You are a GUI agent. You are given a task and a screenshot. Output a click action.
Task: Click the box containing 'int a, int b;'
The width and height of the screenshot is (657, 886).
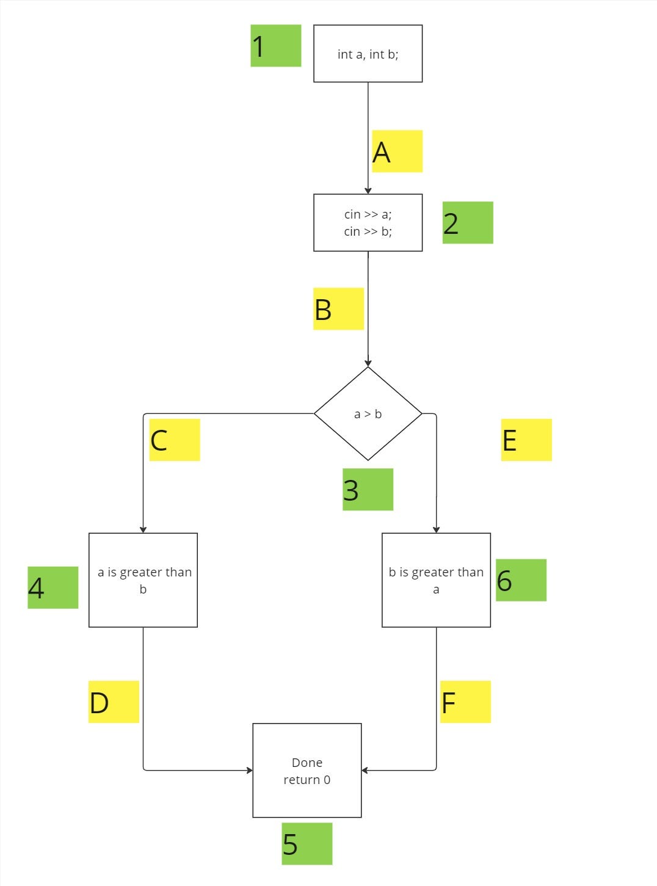[x=368, y=54]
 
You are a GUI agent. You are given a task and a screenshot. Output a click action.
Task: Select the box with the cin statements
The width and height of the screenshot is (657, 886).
[x=368, y=222]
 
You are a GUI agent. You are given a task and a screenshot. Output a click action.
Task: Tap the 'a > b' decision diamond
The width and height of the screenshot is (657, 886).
[x=368, y=413]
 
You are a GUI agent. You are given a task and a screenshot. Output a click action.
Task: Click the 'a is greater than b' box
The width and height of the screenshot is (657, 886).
[x=143, y=579]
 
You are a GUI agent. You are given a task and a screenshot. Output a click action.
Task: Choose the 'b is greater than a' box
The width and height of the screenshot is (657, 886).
[x=436, y=579]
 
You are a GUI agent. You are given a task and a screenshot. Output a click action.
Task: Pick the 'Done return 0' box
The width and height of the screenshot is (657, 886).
[x=307, y=770]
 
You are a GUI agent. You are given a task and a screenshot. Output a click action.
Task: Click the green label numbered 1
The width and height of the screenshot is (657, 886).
[x=275, y=46]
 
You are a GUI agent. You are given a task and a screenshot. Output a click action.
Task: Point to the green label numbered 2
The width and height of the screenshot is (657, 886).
[x=468, y=223]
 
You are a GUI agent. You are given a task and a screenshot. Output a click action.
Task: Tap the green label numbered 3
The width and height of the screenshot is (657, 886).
[x=368, y=489]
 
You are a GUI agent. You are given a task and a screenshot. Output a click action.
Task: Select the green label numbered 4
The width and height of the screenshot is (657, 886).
[x=53, y=587]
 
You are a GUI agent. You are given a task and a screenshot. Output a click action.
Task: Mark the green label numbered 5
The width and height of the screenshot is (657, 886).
[x=307, y=843]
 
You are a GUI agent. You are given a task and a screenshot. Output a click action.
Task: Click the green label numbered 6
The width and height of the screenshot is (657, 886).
[x=521, y=580]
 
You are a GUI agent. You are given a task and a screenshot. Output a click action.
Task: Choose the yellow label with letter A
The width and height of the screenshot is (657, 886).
[x=397, y=151]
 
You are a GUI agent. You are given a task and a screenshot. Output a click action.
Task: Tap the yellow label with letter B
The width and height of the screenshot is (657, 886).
[x=338, y=309]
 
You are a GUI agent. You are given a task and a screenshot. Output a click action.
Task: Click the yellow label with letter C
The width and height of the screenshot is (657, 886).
[x=175, y=440]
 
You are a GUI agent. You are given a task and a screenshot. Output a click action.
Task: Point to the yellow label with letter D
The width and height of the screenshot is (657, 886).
[x=114, y=702]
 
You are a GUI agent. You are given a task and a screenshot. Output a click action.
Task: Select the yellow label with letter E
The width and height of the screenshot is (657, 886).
[x=526, y=440]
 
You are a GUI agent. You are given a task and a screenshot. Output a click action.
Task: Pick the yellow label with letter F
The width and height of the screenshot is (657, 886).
[x=465, y=702]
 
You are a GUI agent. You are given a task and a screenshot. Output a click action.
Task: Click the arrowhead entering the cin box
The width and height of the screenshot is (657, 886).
[x=368, y=191]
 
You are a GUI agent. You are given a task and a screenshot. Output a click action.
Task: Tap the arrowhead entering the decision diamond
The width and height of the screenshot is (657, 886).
[x=368, y=363]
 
